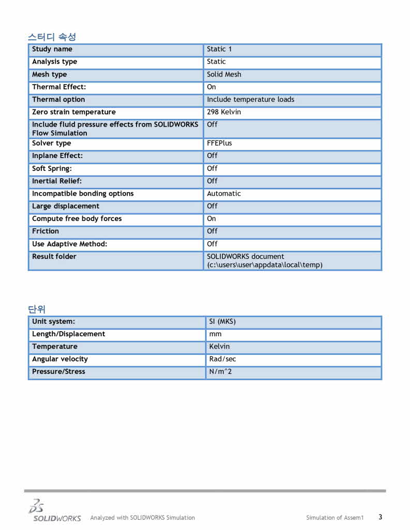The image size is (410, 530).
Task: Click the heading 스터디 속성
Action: (52, 37)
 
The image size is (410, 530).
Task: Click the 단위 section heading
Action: (37, 309)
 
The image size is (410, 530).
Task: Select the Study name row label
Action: (52, 49)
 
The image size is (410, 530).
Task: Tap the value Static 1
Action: (219, 49)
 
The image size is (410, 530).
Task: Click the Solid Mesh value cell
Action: (224, 74)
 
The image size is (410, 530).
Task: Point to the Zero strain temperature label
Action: (74, 112)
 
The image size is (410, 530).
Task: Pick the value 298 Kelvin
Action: (224, 112)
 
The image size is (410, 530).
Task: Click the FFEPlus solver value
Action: (219, 143)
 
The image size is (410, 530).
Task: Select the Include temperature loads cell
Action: (250, 100)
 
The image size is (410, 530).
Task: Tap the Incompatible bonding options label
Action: (83, 194)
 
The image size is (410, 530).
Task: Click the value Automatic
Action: (224, 194)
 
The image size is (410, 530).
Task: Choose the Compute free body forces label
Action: (77, 219)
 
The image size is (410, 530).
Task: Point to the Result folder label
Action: (54, 257)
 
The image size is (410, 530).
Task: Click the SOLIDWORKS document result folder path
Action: (264, 261)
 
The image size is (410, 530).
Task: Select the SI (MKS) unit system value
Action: (222, 321)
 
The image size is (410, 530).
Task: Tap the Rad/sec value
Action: (222, 359)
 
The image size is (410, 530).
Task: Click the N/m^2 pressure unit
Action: (220, 371)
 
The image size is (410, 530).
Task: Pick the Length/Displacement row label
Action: (68, 334)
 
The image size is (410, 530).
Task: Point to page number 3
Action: (380, 517)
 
